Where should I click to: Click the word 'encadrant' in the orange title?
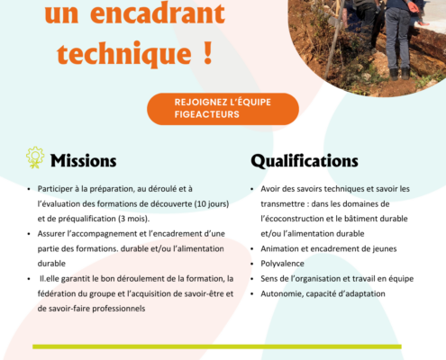click(x=158, y=13)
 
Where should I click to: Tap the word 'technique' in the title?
click(x=124, y=54)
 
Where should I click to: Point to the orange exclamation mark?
click(x=208, y=52)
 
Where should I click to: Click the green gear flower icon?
click(x=35, y=157)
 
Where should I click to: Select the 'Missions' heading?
click(x=84, y=160)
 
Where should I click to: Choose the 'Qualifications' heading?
click(x=305, y=161)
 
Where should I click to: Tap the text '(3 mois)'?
click(x=133, y=219)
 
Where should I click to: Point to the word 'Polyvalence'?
click(x=282, y=264)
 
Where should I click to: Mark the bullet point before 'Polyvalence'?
click(x=252, y=264)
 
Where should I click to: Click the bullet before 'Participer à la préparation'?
click(x=29, y=189)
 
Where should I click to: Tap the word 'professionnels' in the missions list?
click(x=119, y=309)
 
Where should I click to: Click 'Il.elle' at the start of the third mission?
click(x=50, y=279)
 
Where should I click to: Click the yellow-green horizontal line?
click(x=217, y=346)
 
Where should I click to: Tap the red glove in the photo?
click(x=414, y=6)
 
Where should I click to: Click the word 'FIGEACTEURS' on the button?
click(x=207, y=114)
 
